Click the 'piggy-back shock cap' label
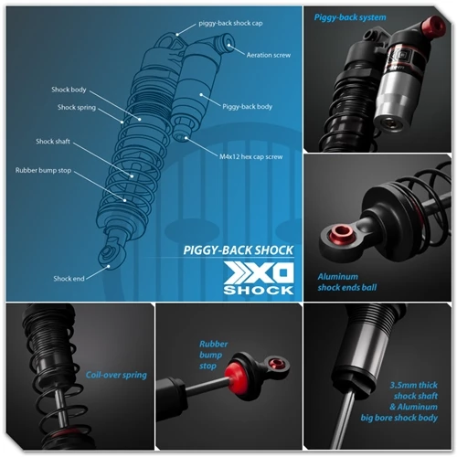tap(230, 24)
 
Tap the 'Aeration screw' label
tap(269, 55)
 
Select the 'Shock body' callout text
tap(69, 90)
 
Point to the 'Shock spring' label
tap(77, 108)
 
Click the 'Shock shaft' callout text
tap(53, 142)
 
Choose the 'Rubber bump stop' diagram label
tap(43, 170)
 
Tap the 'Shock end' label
tap(69, 279)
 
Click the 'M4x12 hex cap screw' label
tap(251, 157)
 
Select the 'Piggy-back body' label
tap(247, 107)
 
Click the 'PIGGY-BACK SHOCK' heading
tap(239, 250)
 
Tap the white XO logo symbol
tap(259, 273)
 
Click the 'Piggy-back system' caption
tap(350, 17)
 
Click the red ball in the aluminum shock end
tap(342, 233)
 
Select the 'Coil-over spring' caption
tap(116, 375)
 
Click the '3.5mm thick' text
tap(414, 385)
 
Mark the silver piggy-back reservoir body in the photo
tap(393, 101)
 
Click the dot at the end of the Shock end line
tap(108, 266)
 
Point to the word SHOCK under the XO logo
tap(259, 290)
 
